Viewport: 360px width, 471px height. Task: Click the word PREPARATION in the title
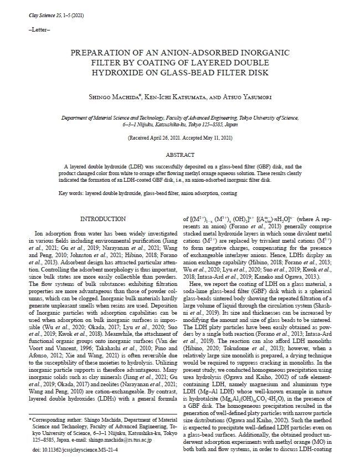point(102,53)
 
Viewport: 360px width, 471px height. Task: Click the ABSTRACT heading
point(181,156)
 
